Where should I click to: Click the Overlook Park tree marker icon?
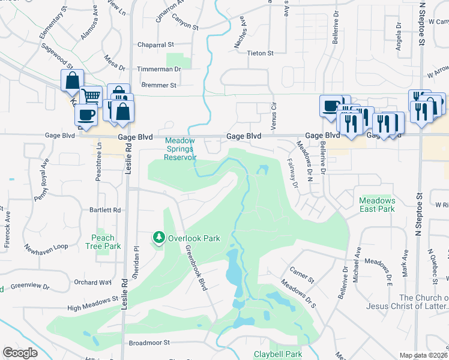pyautogui.click(x=159, y=238)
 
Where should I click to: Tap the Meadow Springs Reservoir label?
pyautogui.click(x=181, y=149)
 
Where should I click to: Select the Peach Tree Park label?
pyautogui.click(x=103, y=242)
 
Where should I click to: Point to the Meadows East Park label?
pyautogui.click(x=377, y=205)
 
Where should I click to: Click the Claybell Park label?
pyautogui.click(x=278, y=354)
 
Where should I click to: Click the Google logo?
pyautogui.click(x=20, y=353)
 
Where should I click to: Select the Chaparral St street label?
pyautogui.click(x=155, y=44)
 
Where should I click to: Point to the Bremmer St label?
pyautogui.click(x=156, y=85)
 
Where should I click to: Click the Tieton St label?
pyautogui.click(x=261, y=53)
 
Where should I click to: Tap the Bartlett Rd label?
pyautogui.click(x=105, y=210)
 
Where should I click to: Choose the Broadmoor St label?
pyautogui.click(x=151, y=343)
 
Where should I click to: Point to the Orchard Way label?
pyautogui.click(x=93, y=282)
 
